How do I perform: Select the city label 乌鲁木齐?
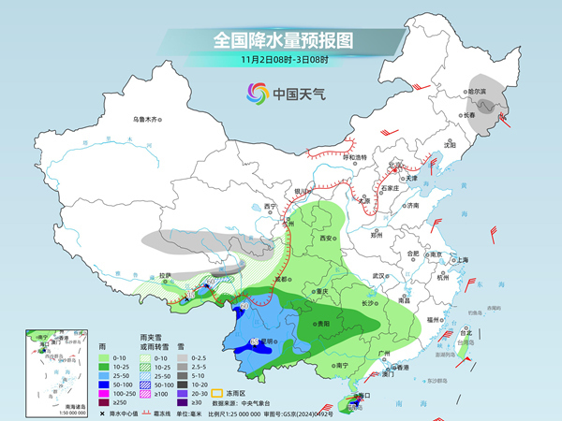point(147,119)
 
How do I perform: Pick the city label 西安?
point(326,240)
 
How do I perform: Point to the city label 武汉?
point(378,276)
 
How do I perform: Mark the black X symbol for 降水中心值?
point(102,411)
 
